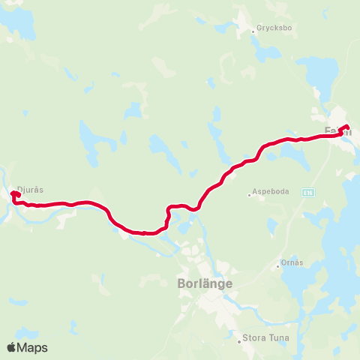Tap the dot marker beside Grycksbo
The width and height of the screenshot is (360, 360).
point(253,31)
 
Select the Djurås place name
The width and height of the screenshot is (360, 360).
point(29,190)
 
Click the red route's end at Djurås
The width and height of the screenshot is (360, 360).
point(13,194)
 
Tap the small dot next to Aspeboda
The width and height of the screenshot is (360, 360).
point(250,195)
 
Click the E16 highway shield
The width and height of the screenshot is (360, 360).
point(310,192)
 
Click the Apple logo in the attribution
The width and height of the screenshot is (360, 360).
point(11,347)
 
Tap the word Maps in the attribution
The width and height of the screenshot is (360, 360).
point(32,347)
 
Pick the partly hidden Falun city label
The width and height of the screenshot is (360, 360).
point(332,130)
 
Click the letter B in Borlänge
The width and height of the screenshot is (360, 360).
point(181,284)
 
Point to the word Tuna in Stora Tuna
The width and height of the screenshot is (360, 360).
point(277,339)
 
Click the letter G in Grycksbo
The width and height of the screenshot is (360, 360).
point(259,29)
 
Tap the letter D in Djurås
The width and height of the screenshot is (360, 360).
point(19,190)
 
